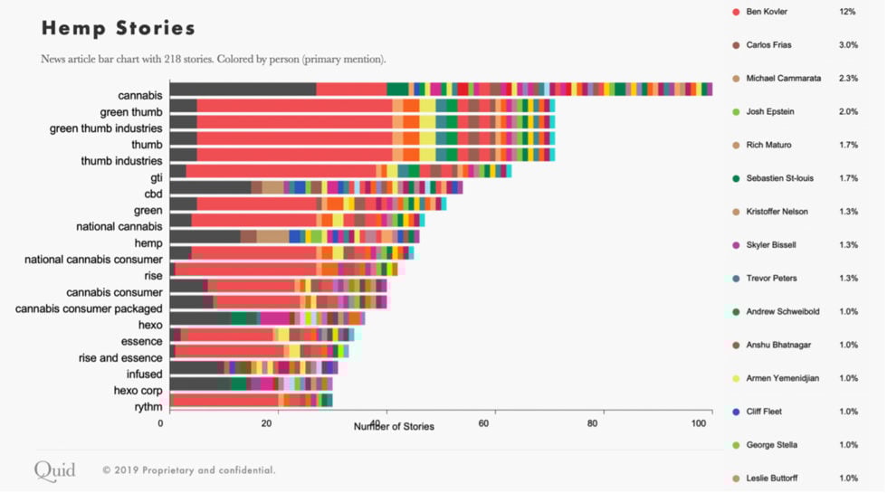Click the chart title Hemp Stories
(119, 28)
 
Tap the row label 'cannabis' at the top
(139, 95)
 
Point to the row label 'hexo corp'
(138, 390)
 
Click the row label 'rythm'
(148, 406)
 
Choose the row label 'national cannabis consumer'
(93, 259)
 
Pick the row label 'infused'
(144, 374)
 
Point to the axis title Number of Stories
(394, 426)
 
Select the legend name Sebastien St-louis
(779, 178)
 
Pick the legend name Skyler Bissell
(771, 245)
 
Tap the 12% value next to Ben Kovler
(847, 12)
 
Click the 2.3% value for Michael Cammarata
(848, 79)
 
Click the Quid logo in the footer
(55, 469)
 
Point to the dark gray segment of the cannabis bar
(243, 89)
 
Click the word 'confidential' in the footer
(245, 470)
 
